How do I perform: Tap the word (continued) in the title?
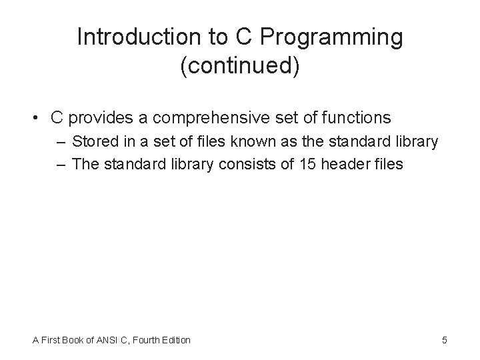(x=240, y=67)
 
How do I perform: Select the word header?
(x=347, y=164)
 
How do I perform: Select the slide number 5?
(x=444, y=340)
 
